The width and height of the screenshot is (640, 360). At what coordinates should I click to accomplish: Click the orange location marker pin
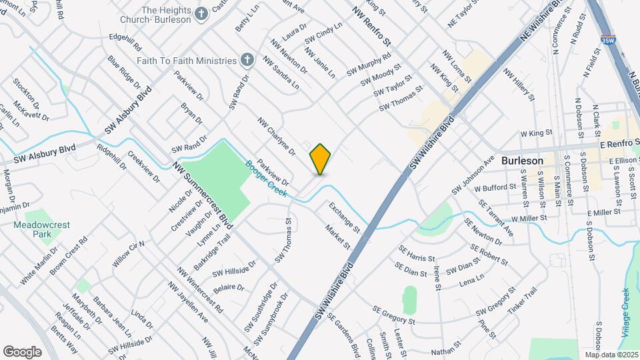click(320, 159)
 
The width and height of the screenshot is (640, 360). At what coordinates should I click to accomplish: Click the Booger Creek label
click(265, 179)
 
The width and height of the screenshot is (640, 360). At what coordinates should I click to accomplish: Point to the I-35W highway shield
click(607, 40)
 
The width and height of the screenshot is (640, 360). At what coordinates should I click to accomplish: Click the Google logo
click(22, 351)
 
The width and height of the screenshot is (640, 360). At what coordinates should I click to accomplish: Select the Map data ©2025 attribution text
click(611, 354)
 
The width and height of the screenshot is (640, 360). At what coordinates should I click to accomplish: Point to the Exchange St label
click(343, 218)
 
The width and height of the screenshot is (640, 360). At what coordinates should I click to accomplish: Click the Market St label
click(337, 237)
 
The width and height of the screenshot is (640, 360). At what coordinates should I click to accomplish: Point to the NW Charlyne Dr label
click(277, 137)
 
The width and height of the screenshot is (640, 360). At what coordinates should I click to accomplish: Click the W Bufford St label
click(495, 188)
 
